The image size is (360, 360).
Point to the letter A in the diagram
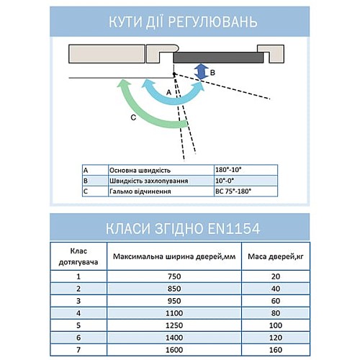click(168, 92)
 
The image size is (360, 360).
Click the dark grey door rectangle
click(216, 55)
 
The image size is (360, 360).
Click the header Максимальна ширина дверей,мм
click(170, 256)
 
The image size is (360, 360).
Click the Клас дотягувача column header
click(76, 256)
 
